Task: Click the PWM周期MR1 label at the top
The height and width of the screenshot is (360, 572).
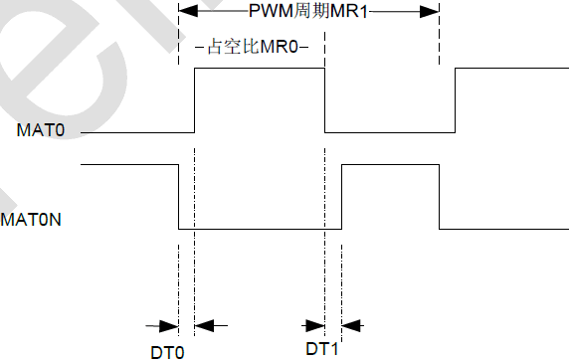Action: click(x=308, y=13)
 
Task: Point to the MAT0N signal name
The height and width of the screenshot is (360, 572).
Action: click(x=32, y=217)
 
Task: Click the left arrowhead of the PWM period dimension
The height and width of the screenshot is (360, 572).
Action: click(x=185, y=12)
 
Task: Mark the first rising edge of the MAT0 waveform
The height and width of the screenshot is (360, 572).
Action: click(x=195, y=99)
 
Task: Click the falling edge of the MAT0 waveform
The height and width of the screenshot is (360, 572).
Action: click(x=325, y=99)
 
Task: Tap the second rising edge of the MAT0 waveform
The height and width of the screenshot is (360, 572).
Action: click(x=456, y=99)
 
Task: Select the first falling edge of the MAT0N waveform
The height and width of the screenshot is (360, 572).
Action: click(x=178, y=196)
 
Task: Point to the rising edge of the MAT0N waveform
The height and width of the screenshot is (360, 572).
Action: click(x=341, y=196)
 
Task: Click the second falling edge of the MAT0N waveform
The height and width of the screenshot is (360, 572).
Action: click(x=440, y=196)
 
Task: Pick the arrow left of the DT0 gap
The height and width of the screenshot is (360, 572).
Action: click(x=163, y=325)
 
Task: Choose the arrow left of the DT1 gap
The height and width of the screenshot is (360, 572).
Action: click(x=314, y=325)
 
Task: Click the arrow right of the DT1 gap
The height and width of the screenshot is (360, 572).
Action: click(x=352, y=325)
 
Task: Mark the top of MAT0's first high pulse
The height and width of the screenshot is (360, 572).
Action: click(x=260, y=68)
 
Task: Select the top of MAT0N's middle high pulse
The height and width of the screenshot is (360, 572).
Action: click(x=390, y=164)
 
